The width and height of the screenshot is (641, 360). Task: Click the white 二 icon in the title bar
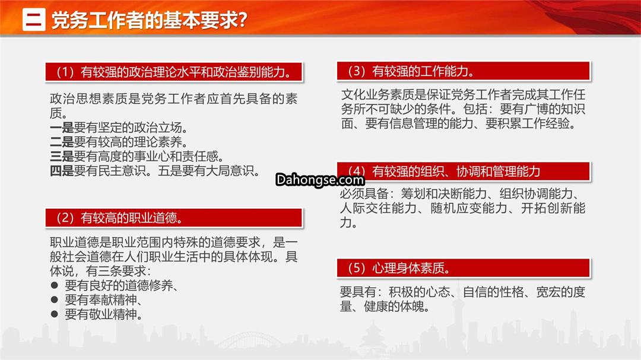(x=34, y=20)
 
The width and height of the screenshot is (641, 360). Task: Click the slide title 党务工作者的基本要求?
(x=149, y=20)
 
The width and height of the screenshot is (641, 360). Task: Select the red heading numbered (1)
(x=174, y=72)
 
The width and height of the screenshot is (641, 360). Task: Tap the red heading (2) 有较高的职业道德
(x=174, y=218)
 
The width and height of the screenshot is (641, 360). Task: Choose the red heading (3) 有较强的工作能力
(x=464, y=71)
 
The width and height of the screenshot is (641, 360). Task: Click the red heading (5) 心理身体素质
(x=464, y=268)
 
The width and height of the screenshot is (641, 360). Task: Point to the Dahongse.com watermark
(x=320, y=180)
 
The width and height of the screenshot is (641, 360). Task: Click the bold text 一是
(x=62, y=128)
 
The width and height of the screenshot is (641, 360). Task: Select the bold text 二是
(x=62, y=142)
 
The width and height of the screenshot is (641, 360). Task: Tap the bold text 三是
(x=62, y=157)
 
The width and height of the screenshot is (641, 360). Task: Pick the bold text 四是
(x=62, y=171)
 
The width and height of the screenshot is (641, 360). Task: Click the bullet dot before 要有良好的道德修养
(x=55, y=285)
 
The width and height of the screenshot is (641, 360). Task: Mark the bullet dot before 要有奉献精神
(x=55, y=300)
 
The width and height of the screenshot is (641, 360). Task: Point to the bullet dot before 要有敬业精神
(x=55, y=314)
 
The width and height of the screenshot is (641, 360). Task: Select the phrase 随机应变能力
(x=469, y=208)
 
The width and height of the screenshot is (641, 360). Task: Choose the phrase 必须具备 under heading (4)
(x=364, y=194)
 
